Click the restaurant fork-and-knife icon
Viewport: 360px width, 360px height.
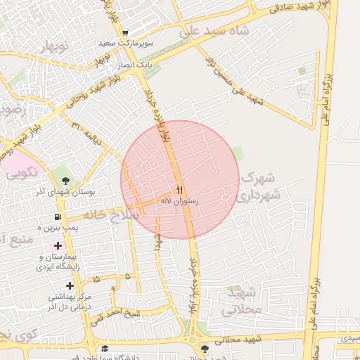click(x=180, y=191)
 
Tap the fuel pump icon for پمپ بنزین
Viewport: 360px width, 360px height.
click(x=56, y=217)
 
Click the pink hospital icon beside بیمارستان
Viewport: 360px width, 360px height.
click(x=57, y=245)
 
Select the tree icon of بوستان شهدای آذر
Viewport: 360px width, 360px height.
click(x=56, y=169)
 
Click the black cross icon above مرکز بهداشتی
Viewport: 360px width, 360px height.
click(x=70, y=285)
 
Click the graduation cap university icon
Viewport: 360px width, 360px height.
click(x=105, y=349)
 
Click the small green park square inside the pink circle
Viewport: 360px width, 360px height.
click(x=238, y=153)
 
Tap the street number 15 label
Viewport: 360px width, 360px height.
click(x=95, y=279)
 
